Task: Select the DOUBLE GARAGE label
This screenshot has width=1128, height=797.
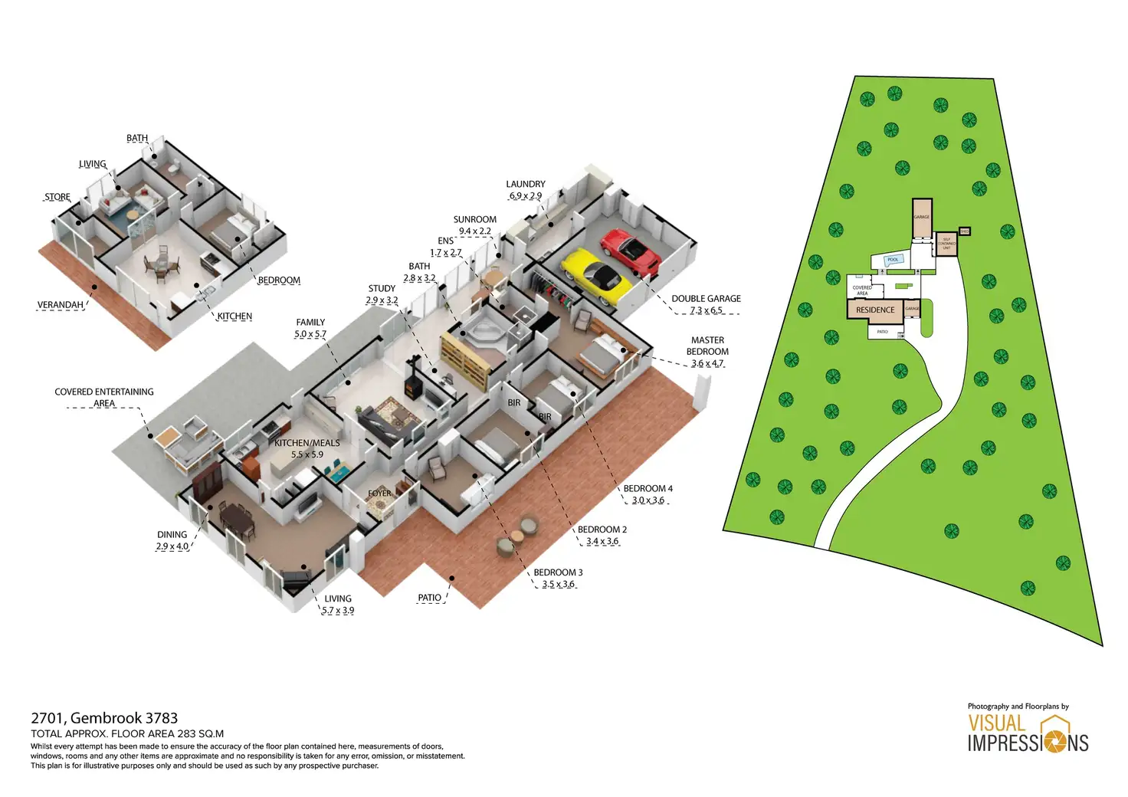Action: [x=706, y=299]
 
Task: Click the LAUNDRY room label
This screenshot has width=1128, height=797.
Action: [x=526, y=185]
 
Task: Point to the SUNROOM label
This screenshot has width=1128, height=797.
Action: [x=475, y=220]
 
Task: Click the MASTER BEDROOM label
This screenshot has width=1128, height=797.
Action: [x=707, y=346]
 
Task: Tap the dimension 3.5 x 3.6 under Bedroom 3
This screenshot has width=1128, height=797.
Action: [x=558, y=584]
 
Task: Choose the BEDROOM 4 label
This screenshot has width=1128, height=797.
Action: [x=648, y=489]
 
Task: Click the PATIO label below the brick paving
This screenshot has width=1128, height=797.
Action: [x=429, y=598]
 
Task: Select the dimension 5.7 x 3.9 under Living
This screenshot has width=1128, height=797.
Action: [x=338, y=611]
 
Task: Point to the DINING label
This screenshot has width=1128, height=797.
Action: [x=172, y=535]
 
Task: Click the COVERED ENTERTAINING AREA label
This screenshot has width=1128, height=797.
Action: [x=104, y=397]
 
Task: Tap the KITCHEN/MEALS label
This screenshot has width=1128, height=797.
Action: [x=307, y=443]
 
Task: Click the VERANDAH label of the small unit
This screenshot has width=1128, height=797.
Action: [x=61, y=305]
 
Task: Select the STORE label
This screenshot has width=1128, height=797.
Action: [x=57, y=197]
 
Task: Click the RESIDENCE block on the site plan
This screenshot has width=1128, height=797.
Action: [x=875, y=310]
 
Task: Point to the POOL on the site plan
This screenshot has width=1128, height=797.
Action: [x=893, y=260]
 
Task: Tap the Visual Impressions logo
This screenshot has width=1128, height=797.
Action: [x=1027, y=733]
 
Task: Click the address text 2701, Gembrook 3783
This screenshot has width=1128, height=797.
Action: [x=104, y=718]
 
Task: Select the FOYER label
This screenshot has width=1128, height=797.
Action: [x=380, y=494]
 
